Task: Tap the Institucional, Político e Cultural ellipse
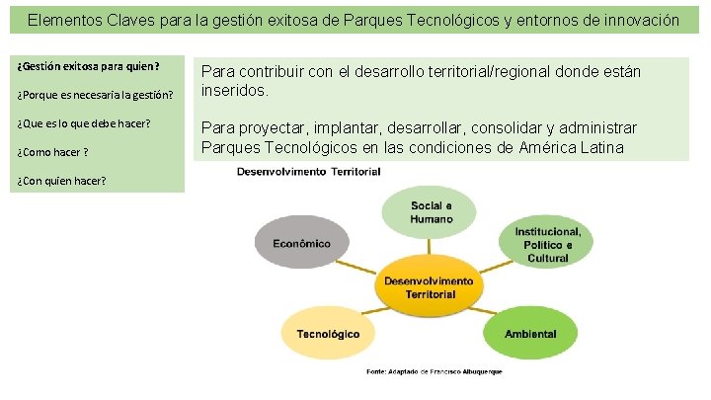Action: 547,243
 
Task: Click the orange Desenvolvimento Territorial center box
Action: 429,287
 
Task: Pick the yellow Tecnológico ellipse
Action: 327,334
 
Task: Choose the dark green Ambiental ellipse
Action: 529,334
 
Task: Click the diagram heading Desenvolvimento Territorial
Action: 308,172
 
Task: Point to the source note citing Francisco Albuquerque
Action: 434,371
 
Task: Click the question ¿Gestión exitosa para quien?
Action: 88,67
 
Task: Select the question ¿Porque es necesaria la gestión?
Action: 95,95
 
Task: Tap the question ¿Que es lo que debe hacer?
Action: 85,123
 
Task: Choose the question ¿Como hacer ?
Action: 53,151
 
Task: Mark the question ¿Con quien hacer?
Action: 62,180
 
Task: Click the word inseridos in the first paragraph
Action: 233,91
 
